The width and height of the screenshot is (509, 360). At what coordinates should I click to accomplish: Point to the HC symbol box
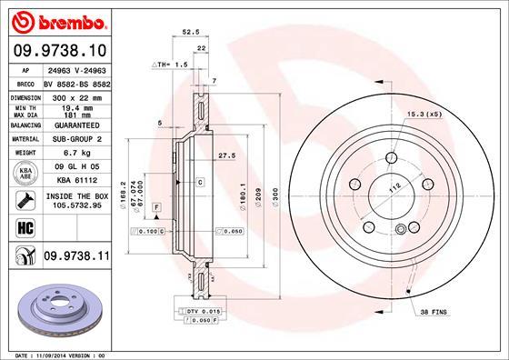point(19,227)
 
